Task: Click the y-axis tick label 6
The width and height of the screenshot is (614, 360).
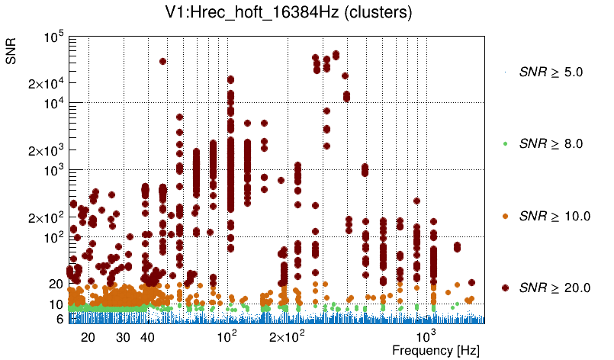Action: pyautogui.click(x=59, y=319)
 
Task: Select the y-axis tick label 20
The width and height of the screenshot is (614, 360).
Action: pyautogui.click(x=56, y=284)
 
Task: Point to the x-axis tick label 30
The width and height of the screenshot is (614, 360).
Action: pyautogui.click(x=123, y=337)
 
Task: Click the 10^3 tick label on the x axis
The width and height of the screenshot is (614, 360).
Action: pyautogui.click(x=426, y=335)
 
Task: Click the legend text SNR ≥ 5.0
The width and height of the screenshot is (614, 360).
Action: pyautogui.click(x=551, y=72)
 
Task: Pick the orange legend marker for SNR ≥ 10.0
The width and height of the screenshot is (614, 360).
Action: pyautogui.click(x=506, y=216)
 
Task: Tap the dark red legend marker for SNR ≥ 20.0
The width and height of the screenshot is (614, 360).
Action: pyautogui.click(x=506, y=288)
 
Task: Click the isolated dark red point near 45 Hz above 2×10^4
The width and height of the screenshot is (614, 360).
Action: pyautogui.click(x=162, y=61)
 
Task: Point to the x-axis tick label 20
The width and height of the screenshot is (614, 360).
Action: pyautogui.click(x=88, y=337)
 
